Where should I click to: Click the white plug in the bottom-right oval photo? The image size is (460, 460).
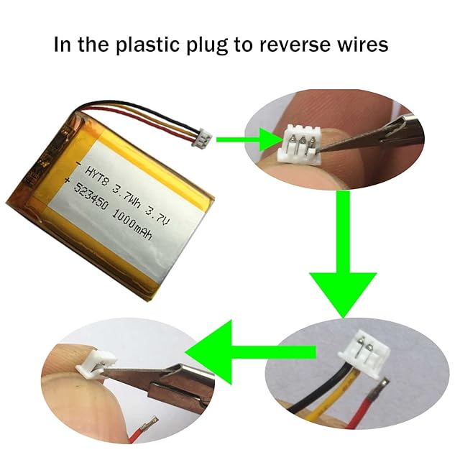[x=359, y=354]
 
